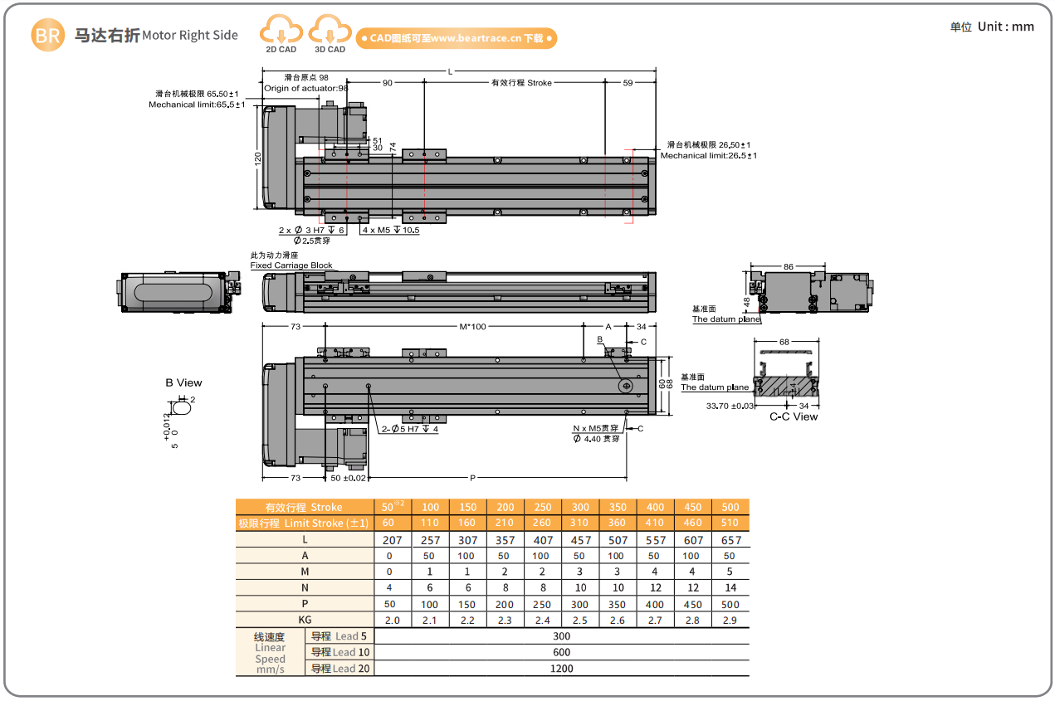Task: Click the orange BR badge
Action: click(x=47, y=35)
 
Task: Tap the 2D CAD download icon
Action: click(x=281, y=36)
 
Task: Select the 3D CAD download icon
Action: click(x=330, y=36)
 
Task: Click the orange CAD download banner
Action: click(x=456, y=38)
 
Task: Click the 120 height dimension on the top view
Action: click(x=258, y=158)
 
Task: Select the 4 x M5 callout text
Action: click(x=389, y=230)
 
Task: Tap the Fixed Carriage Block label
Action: click(x=291, y=265)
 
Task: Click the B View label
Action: click(x=183, y=382)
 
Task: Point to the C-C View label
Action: click(x=794, y=416)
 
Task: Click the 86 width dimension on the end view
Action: click(x=789, y=267)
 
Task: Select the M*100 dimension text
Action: click(x=473, y=327)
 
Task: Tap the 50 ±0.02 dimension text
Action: click(x=348, y=478)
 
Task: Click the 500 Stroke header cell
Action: click(x=730, y=507)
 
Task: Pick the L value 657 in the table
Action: click(x=730, y=540)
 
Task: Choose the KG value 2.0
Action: click(x=393, y=620)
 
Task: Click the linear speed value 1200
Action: click(x=562, y=668)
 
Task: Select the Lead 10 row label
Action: click(x=340, y=652)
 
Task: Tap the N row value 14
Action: click(x=730, y=587)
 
